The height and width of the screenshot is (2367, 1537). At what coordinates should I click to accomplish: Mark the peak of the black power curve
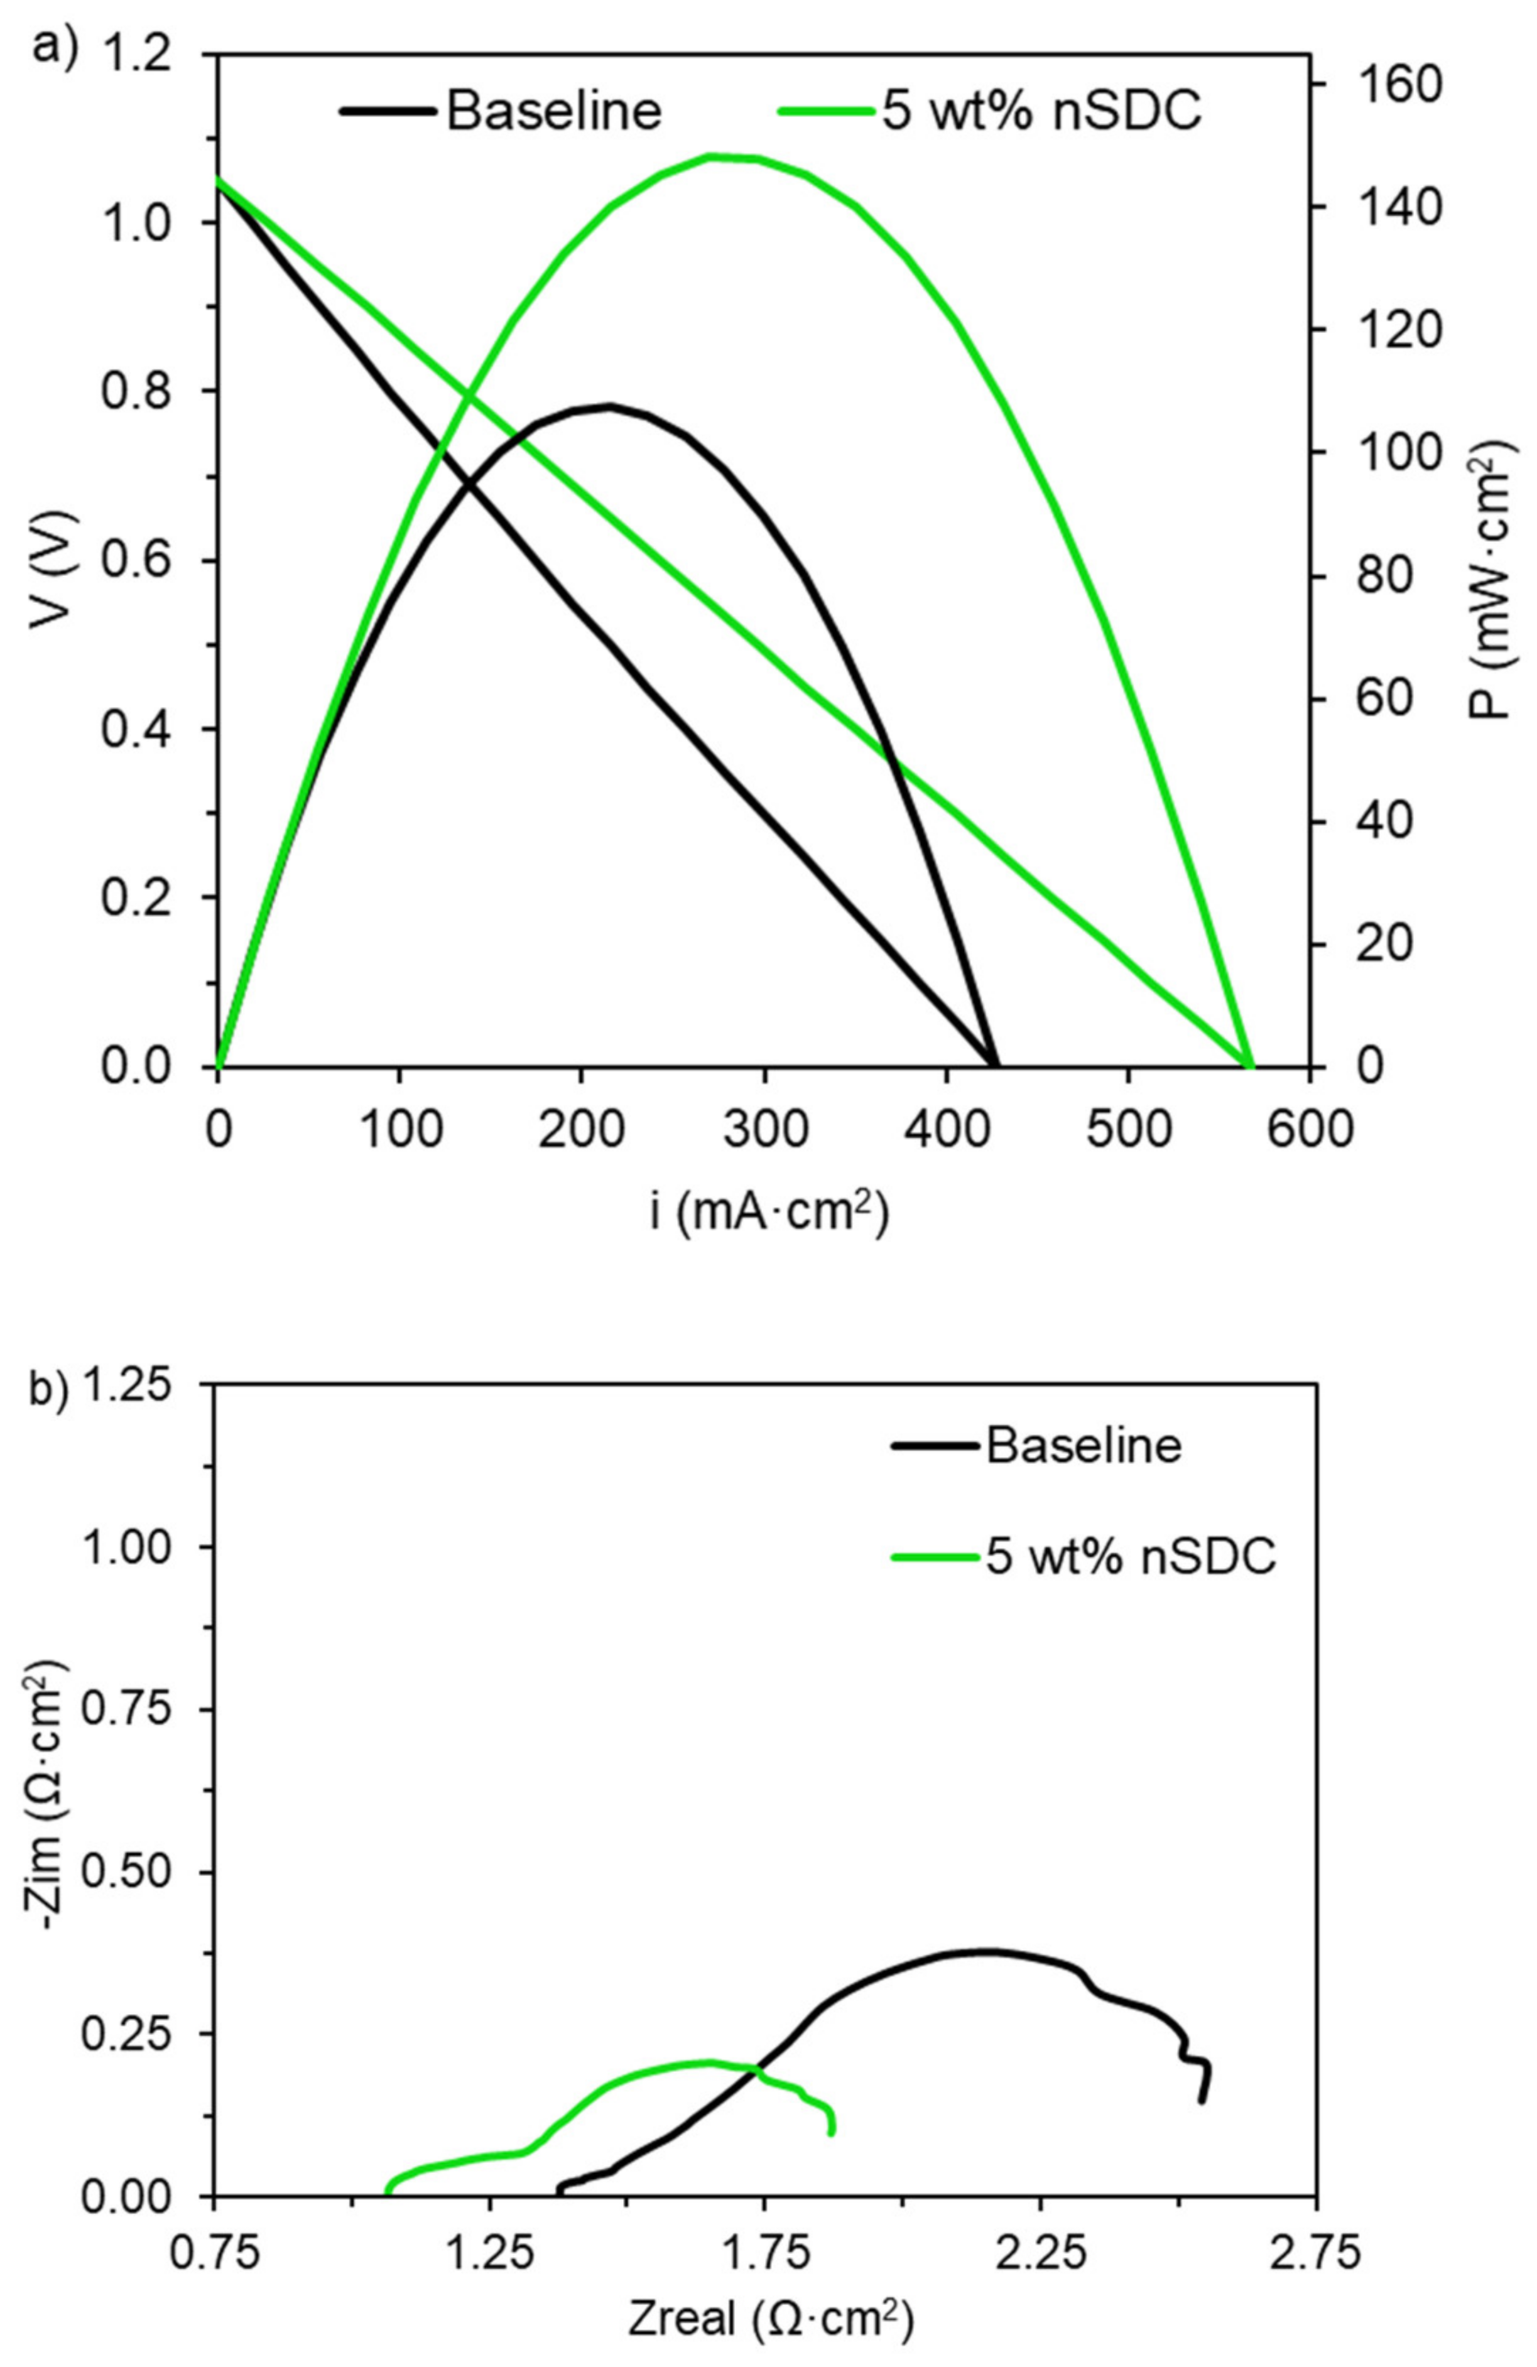click(609, 405)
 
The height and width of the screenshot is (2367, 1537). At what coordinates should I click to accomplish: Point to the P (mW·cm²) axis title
click(1492, 582)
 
